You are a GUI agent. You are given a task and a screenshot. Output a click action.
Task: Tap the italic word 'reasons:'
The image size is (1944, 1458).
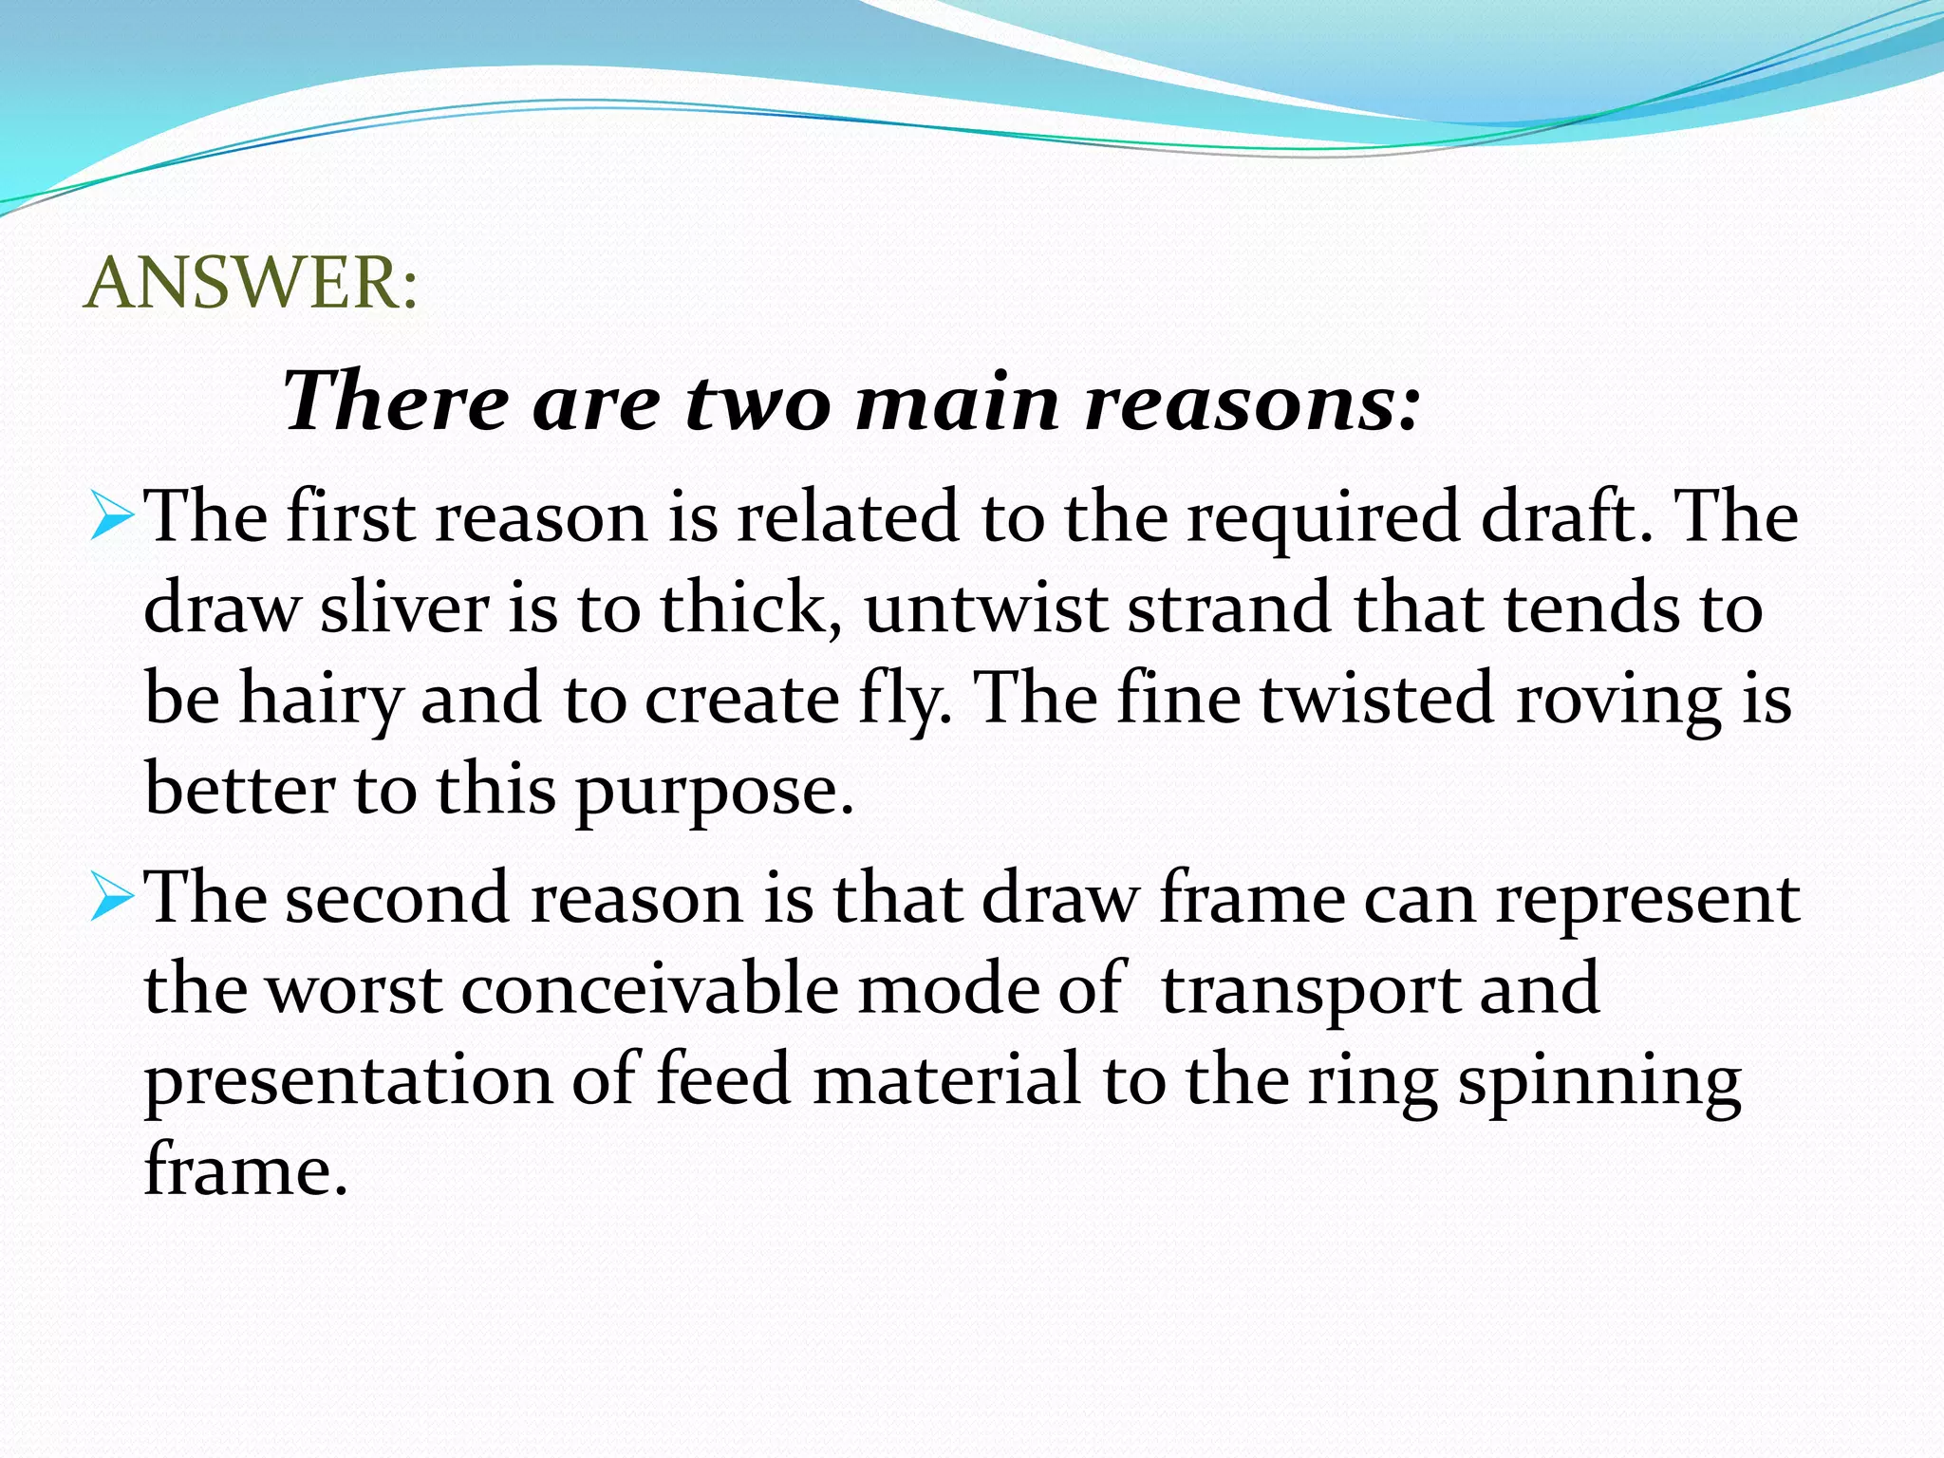click(x=1253, y=402)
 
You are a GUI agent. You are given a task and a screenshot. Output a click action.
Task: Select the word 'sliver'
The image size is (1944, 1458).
click(x=404, y=608)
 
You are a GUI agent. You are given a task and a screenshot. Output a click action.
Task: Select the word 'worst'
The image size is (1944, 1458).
click(x=352, y=990)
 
